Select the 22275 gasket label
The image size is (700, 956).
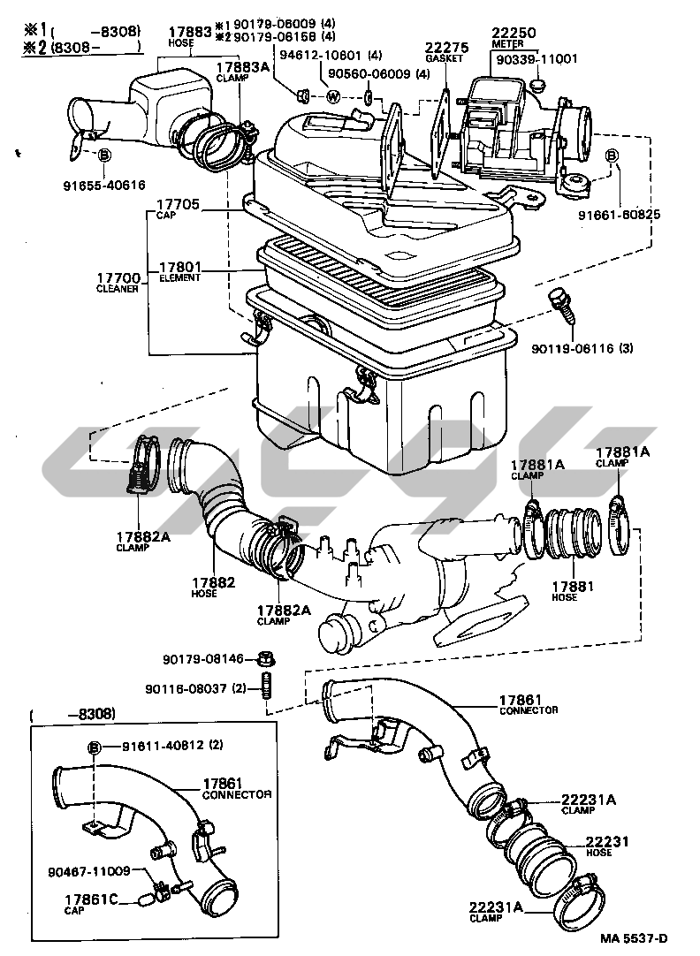440,48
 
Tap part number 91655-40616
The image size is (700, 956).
104,185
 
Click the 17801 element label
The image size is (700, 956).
180,266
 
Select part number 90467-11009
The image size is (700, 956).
89,871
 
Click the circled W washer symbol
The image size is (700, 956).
334,96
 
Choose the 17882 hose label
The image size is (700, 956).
212,582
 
